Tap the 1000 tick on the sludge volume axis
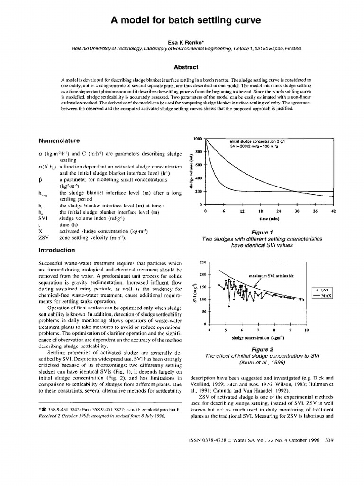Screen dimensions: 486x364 [x=198, y=138]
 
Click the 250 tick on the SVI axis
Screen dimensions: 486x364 [x=204, y=262]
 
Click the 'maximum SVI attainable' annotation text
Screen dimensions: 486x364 [x=272, y=275]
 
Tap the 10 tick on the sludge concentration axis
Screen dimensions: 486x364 [x=306, y=329]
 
